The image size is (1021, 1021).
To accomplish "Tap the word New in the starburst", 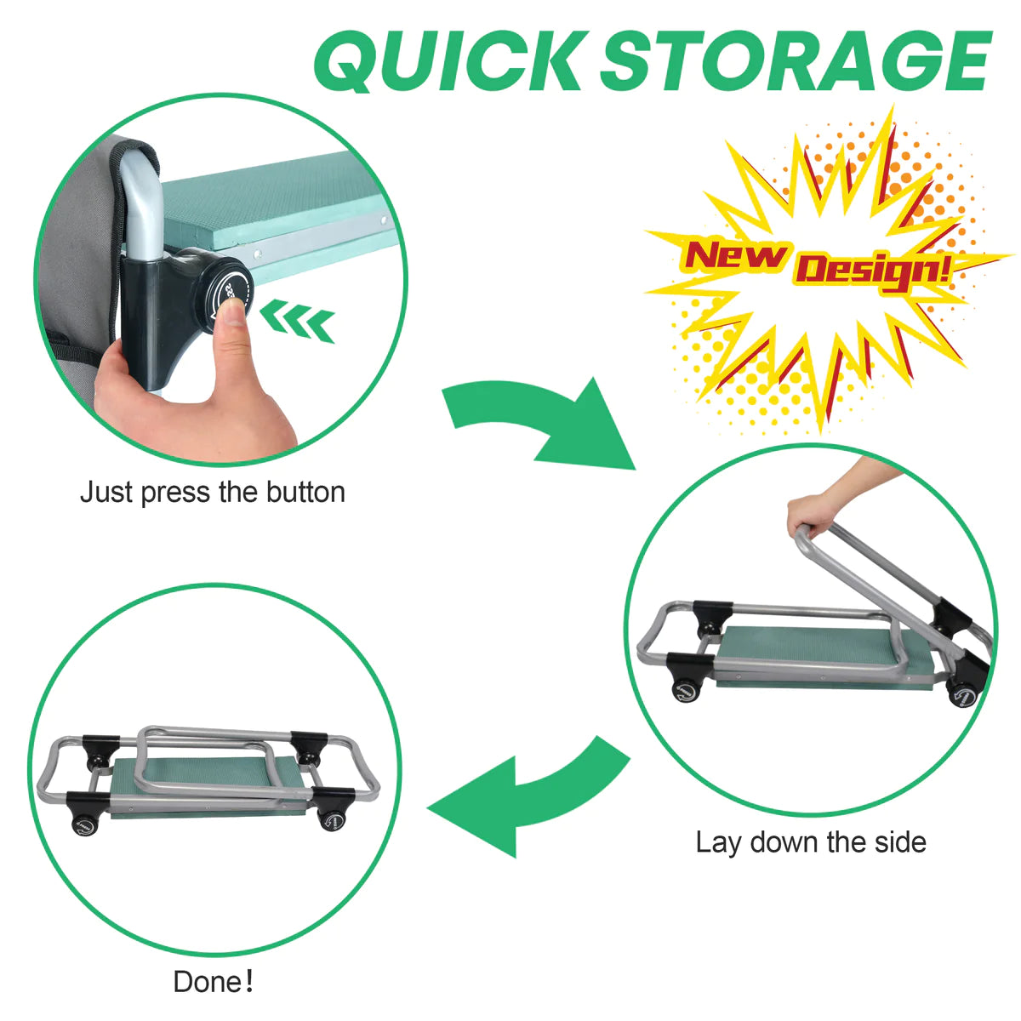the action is point(734,256).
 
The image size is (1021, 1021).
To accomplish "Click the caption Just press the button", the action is point(213,492).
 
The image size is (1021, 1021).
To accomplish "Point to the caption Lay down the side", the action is point(811,842).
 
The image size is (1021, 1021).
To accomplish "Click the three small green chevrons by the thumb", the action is point(298,320).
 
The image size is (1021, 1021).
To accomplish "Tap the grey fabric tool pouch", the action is point(79,254).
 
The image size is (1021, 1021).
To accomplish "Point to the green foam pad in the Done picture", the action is point(212,779).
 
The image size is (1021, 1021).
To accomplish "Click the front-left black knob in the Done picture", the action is point(84,824).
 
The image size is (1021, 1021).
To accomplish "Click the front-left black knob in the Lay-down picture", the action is point(686,689).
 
